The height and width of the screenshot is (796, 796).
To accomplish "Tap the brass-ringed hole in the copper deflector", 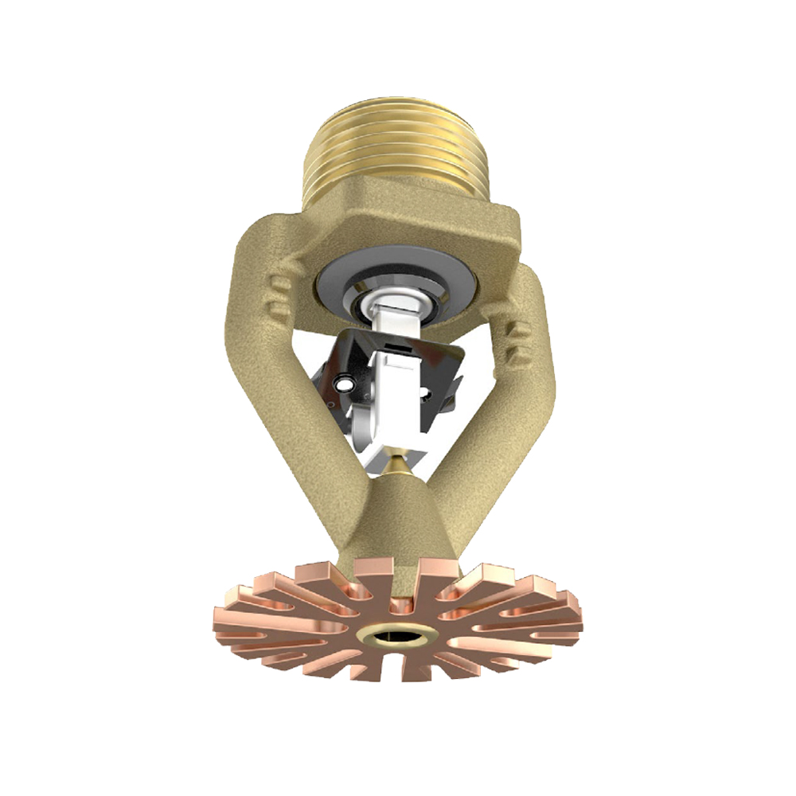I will [397, 635].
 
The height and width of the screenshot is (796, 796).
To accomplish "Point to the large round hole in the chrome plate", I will [343, 385].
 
